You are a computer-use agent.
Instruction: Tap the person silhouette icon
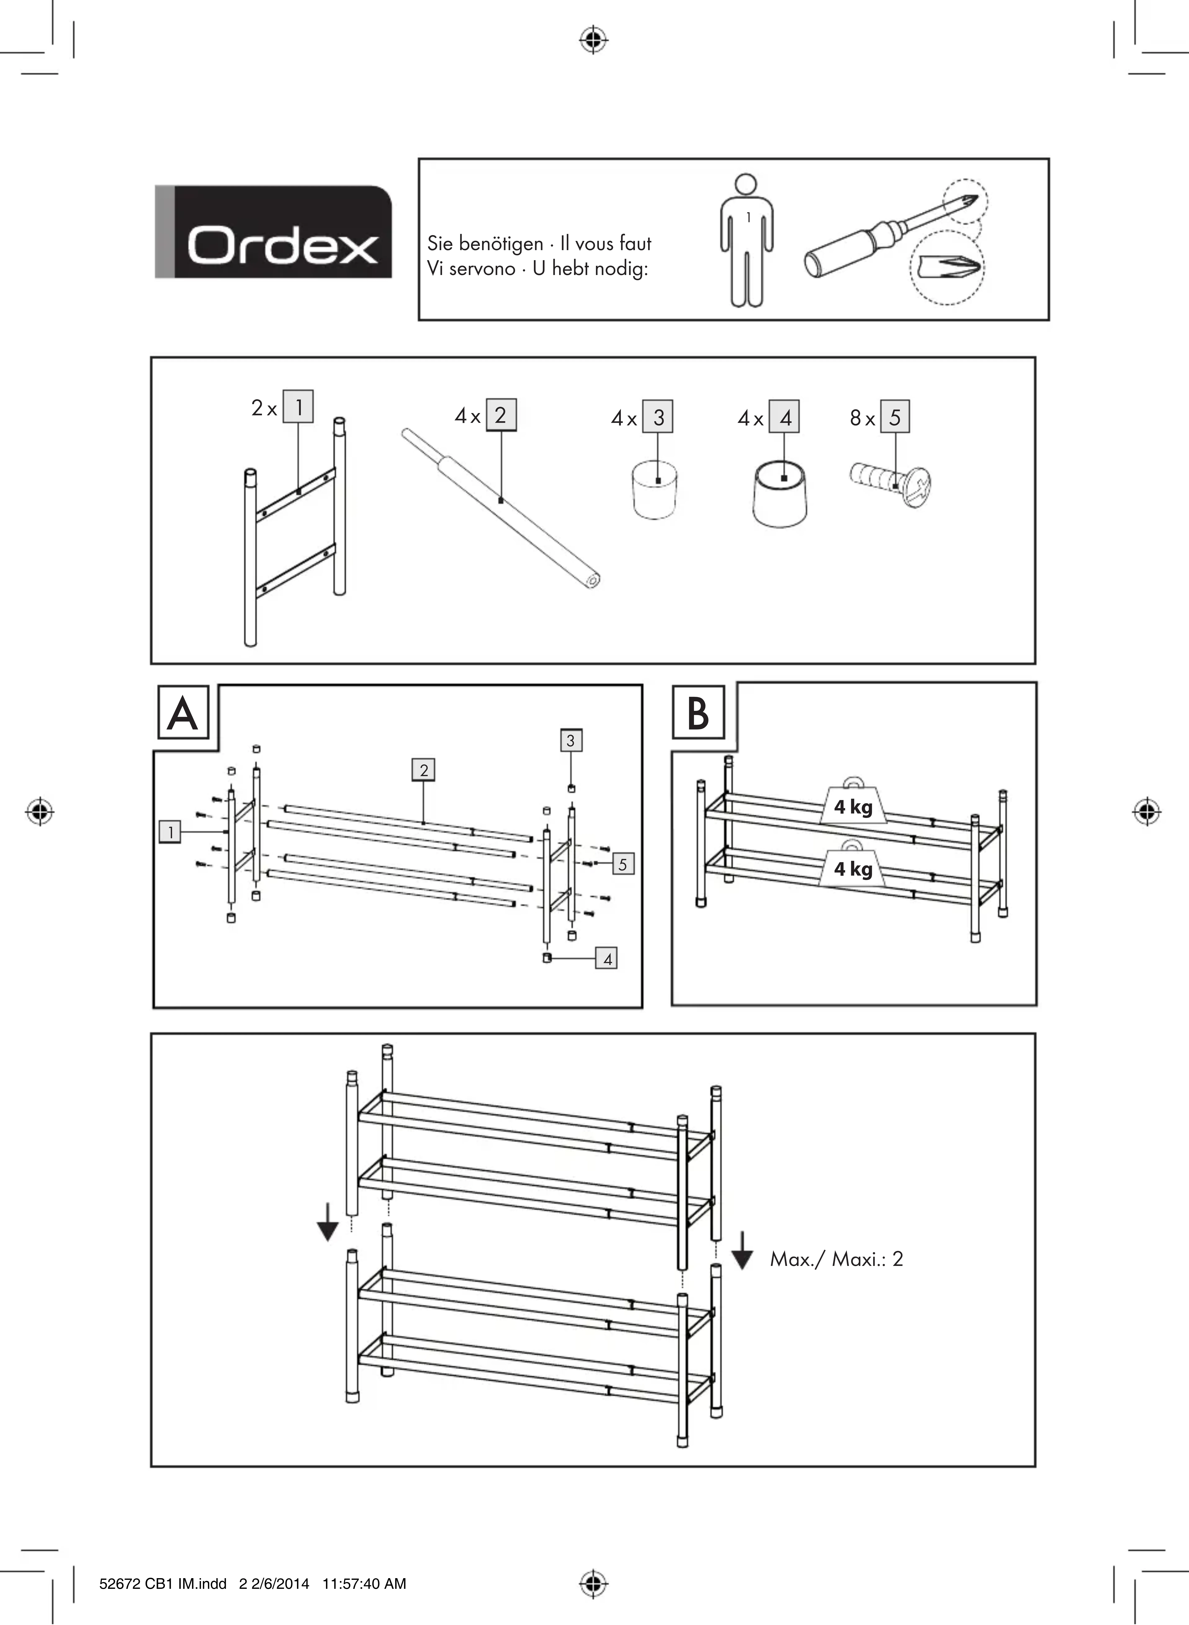click(x=748, y=240)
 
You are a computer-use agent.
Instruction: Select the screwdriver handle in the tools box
click(x=838, y=252)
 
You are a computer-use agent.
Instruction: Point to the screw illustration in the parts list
click(x=891, y=486)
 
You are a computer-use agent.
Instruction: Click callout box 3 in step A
click(x=571, y=740)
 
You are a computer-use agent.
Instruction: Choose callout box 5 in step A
click(x=623, y=864)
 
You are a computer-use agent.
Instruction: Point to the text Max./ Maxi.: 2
click(x=836, y=1259)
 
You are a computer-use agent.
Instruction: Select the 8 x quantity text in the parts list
click(x=861, y=418)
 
